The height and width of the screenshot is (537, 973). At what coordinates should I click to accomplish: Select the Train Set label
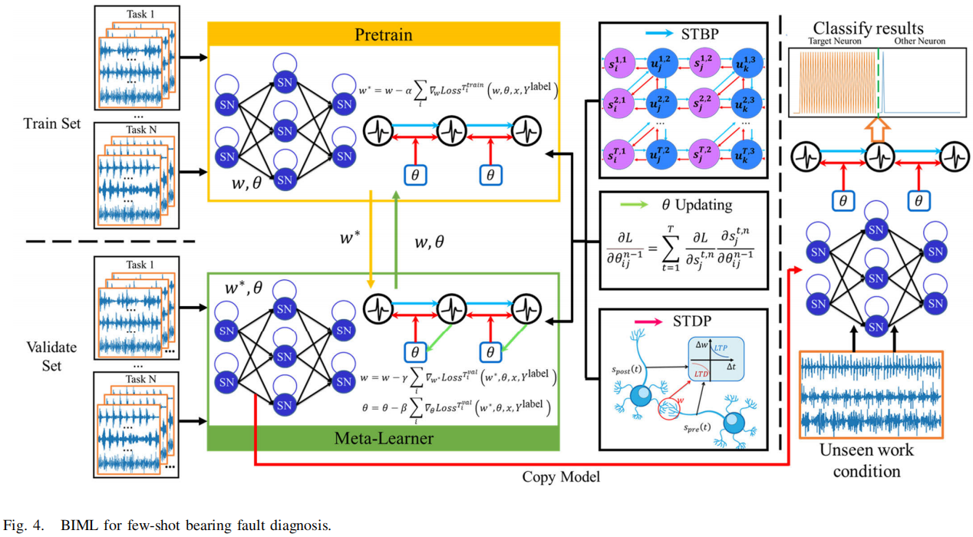point(51,123)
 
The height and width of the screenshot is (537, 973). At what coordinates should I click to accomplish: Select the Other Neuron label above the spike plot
point(921,41)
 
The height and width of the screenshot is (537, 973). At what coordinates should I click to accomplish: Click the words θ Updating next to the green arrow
point(703,206)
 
